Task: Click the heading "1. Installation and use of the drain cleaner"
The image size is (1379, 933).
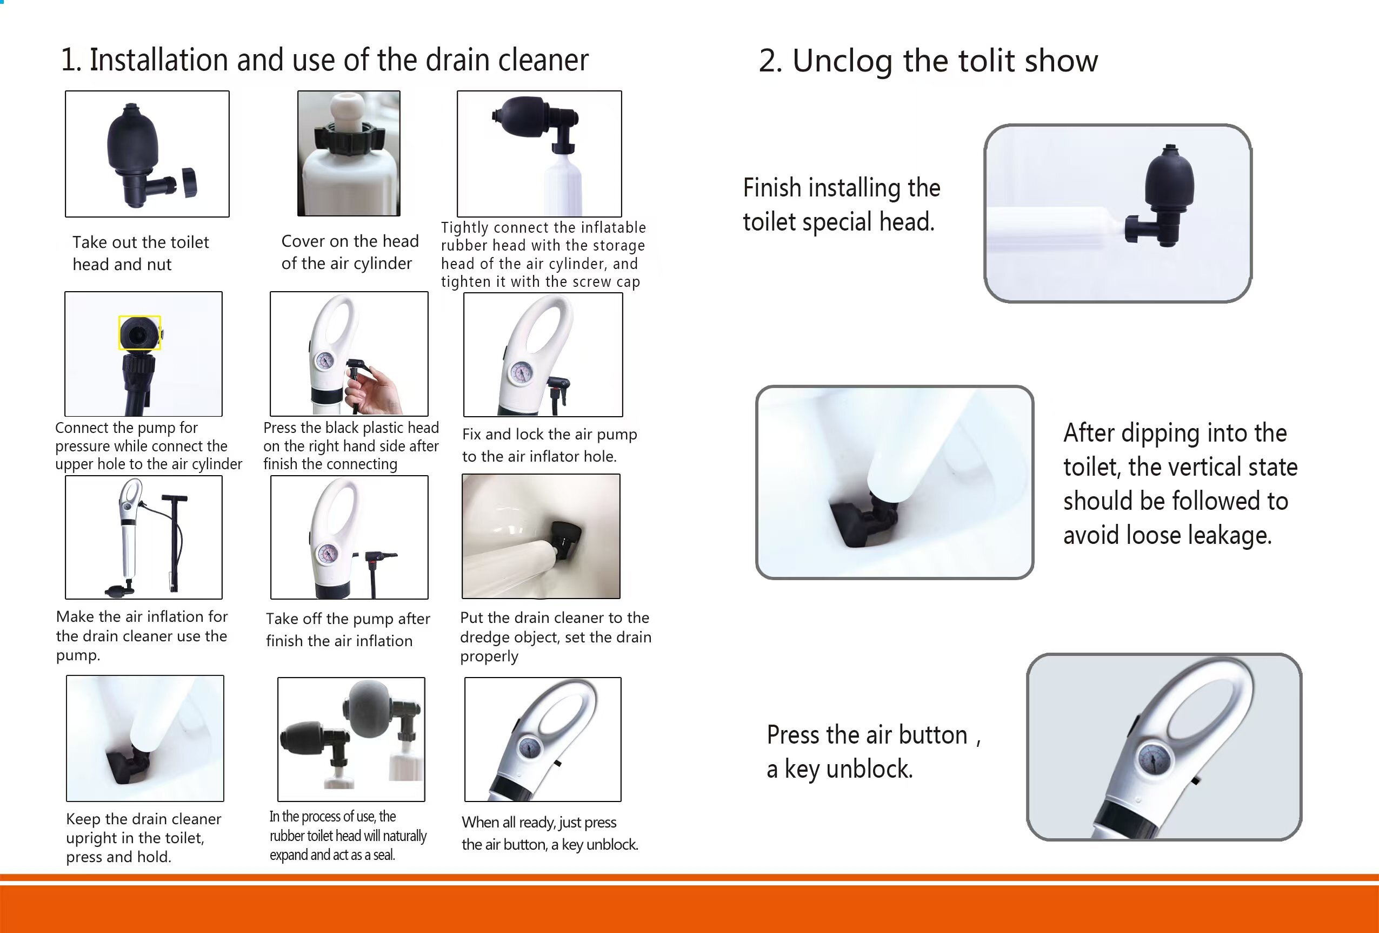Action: (324, 60)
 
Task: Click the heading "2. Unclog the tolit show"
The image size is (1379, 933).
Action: (928, 61)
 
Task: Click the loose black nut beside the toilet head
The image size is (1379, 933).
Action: (189, 182)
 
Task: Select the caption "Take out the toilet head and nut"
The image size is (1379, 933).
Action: (141, 253)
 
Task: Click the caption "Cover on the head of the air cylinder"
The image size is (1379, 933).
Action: (350, 252)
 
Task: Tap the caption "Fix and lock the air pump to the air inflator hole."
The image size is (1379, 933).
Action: (549, 445)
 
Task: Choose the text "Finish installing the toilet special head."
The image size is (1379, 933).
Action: (842, 205)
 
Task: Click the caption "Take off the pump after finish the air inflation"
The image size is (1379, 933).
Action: (348, 629)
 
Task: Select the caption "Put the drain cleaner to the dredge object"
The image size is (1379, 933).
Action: (555, 636)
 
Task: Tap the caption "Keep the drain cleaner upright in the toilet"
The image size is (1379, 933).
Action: (144, 837)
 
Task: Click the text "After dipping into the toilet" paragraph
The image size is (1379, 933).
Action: (1180, 484)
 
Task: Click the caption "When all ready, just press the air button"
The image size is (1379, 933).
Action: (550, 833)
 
